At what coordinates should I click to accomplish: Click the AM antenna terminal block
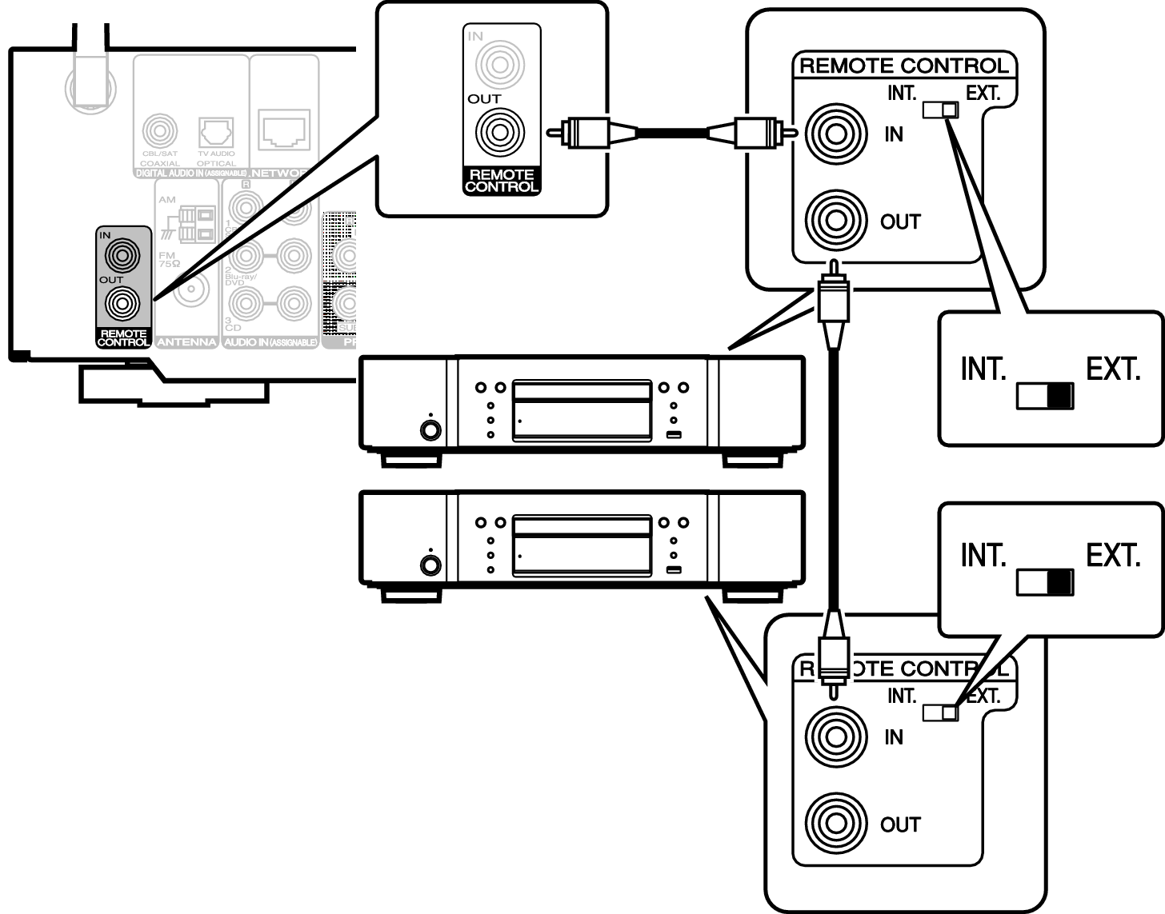click(x=197, y=225)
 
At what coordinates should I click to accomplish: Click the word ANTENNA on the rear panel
click(x=186, y=342)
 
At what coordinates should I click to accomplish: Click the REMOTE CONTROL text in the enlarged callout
click(x=502, y=182)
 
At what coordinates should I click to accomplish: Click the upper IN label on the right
click(x=894, y=134)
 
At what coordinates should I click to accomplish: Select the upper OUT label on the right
click(x=901, y=222)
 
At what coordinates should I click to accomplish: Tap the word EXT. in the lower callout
click(x=1112, y=555)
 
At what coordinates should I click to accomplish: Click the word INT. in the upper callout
click(x=983, y=369)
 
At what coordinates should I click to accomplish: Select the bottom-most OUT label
click(x=901, y=824)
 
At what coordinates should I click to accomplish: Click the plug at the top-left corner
click(x=90, y=68)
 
